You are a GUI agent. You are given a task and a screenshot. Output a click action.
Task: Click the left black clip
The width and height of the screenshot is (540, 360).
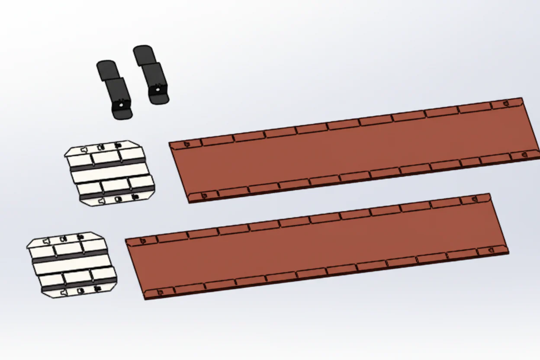pyautogui.click(x=115, y=91)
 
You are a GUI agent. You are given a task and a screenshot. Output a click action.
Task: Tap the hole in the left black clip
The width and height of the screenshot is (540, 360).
pyautogui.click(x=122, y=103)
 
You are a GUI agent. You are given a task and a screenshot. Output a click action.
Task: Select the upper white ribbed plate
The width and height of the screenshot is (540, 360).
pyautogui.click(x=110, y=173)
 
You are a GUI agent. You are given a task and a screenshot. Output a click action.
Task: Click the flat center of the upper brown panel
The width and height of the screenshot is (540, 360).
pyautogui.click(x=353, y=149)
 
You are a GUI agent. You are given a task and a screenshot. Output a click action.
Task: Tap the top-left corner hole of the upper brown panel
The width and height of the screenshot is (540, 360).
pyautogui.click(x=187, y=144)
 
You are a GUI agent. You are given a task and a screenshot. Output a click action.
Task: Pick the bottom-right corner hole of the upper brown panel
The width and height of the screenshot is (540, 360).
pyautogui.click(x=524, y=153)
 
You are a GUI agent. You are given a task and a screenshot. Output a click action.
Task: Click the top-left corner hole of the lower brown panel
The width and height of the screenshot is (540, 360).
pyautogui.click(x=143, y=240)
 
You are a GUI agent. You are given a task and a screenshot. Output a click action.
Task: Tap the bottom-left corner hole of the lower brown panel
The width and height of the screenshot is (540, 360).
pyautogui.click(x=160, y=292)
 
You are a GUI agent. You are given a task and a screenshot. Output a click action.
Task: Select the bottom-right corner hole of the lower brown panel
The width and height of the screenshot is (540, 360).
pyautogui.click(x=490, y=250)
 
